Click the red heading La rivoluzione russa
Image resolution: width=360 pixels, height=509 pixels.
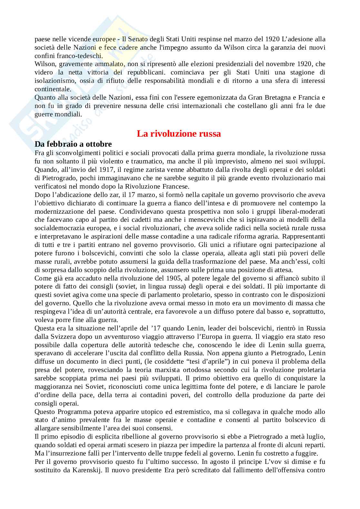coord(179,134)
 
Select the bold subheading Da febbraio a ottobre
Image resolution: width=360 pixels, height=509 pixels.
coord(73,144)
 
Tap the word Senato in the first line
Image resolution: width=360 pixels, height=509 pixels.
coord(137,39)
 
